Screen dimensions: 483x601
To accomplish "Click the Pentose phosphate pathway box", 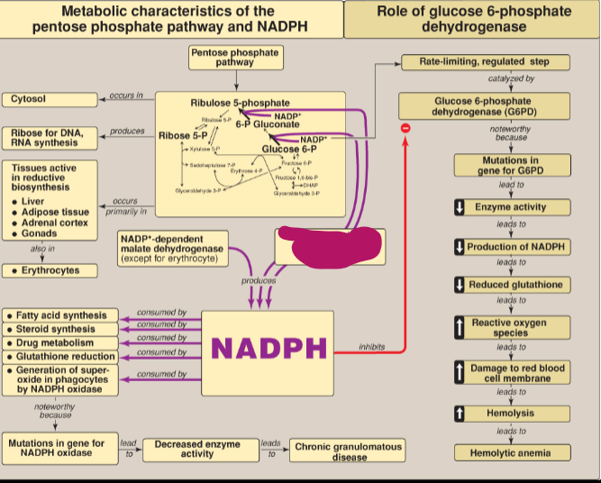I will click(x=234, y=58).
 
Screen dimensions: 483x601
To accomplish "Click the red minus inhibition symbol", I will click(x=405, y=129).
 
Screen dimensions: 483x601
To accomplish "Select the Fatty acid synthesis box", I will click(x=61, y=316).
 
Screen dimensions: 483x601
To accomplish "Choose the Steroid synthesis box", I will click(x=61, y=330).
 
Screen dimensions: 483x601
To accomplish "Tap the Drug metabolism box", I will click(x=61, y=343).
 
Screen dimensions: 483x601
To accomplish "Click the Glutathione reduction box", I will click(x=61, y=357).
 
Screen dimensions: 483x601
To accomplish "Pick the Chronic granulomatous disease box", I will click(x=349, y=451).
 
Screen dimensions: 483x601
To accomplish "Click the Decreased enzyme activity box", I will click(x=197, y=449).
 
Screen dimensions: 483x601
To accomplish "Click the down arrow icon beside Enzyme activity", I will click(x=459, y=207).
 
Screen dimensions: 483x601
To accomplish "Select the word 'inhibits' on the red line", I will click(x=371, y=346).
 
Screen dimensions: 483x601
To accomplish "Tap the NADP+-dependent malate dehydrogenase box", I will click(x=172, y=249).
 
